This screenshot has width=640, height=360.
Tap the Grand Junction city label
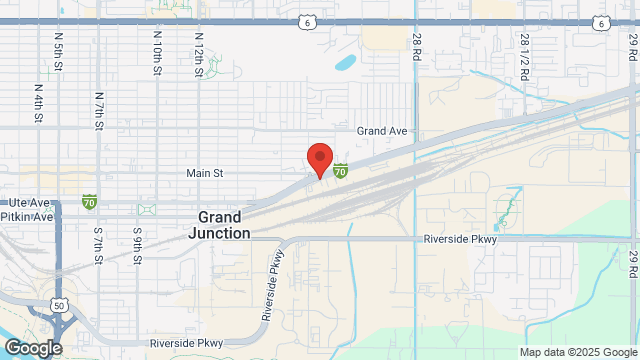(219, 225)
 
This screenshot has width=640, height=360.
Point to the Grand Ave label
(383, 131)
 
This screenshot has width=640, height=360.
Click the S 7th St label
(98, 246)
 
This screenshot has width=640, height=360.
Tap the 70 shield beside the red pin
(341, 172)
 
